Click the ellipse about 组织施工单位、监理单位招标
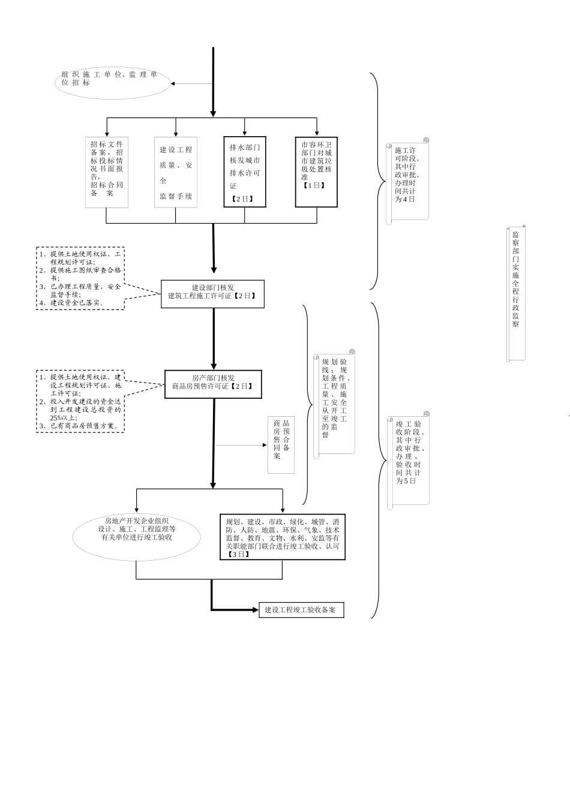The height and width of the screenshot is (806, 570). tap(112, 83)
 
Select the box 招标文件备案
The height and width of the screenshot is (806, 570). tap(107, 173)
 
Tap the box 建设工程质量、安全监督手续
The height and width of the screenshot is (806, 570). tap(176, 173)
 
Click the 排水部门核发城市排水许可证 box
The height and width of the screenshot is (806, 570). tap(245, 172)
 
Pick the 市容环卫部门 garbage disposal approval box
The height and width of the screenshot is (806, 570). tap(316, 172)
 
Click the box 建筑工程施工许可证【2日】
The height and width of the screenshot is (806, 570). tap(212, 294)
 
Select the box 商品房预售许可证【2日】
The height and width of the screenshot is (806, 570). tap(213, 384)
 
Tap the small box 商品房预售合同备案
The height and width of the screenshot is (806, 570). tap(281, 445)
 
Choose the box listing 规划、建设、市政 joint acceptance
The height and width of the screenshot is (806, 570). tap(283, 537)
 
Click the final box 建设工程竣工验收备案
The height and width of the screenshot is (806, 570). tap(301, 610)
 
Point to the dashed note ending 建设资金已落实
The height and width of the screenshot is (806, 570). tap(80, 278)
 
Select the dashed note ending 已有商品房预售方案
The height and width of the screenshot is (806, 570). tap(80, 401)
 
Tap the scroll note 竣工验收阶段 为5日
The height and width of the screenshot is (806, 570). tap(410, 459)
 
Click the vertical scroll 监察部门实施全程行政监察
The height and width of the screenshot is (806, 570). tap(516, 293)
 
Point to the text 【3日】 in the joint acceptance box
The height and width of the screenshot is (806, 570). tap(238, 555)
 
